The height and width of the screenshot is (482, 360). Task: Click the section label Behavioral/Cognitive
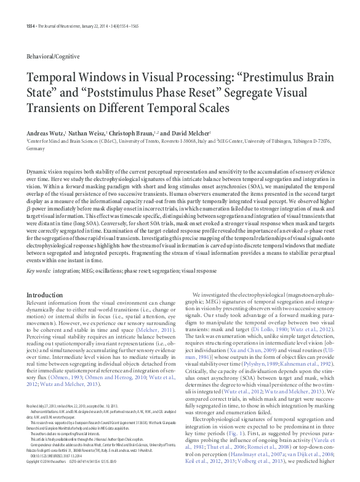pyautogui.click(x=53, y=56)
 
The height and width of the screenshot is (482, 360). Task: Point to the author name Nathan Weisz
pyautogui.click(x=87, y=133)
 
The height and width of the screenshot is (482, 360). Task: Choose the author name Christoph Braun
pyautogui.click(x=131, y=133)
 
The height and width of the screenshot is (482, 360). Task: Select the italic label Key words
pyautogui.click(x=38, y=271)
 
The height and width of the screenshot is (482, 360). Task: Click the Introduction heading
pyautogui.click(x=44, y=295)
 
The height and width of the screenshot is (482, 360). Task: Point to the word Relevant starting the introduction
pyautogui.click(x=38, y=304)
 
